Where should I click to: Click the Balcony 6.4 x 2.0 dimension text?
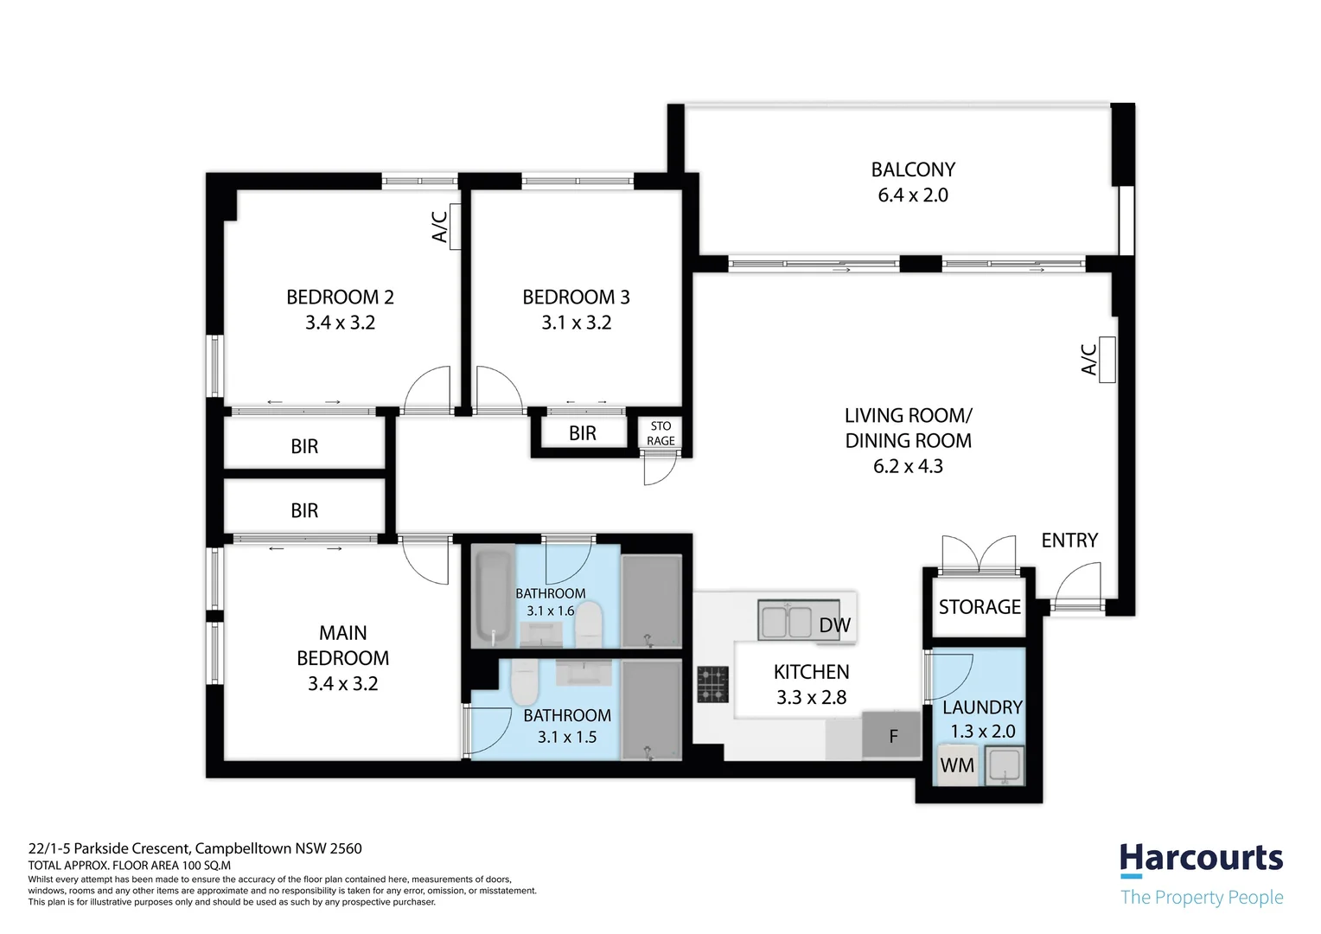(x=913, y=195)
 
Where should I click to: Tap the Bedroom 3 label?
(x=576, y=297)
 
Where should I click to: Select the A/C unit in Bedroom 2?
(x=455, y=227)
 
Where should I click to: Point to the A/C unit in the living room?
(x=1107, y=359)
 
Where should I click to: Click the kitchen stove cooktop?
(x=712, y=684)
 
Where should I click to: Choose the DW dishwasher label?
(x=835, y=625)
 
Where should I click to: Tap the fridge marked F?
(x=891, y=734)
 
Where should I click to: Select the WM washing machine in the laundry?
(x=957, y=765)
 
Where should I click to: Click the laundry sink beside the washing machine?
(x=1005, y=766)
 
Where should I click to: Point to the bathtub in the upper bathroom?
(x=494, y=596)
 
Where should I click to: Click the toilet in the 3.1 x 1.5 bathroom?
(x=525, y=682)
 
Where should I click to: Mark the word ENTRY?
(x=1069, y=541)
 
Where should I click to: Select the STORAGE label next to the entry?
(x=980, y=607)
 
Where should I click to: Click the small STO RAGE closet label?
(x=660, y=433)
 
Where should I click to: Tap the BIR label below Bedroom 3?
(x=583, y=433)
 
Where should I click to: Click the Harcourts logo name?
(x=1202, y=858)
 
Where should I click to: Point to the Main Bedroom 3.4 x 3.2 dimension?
(x=342, y=684)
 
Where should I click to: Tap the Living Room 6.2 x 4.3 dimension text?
(x=908, y=467)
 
